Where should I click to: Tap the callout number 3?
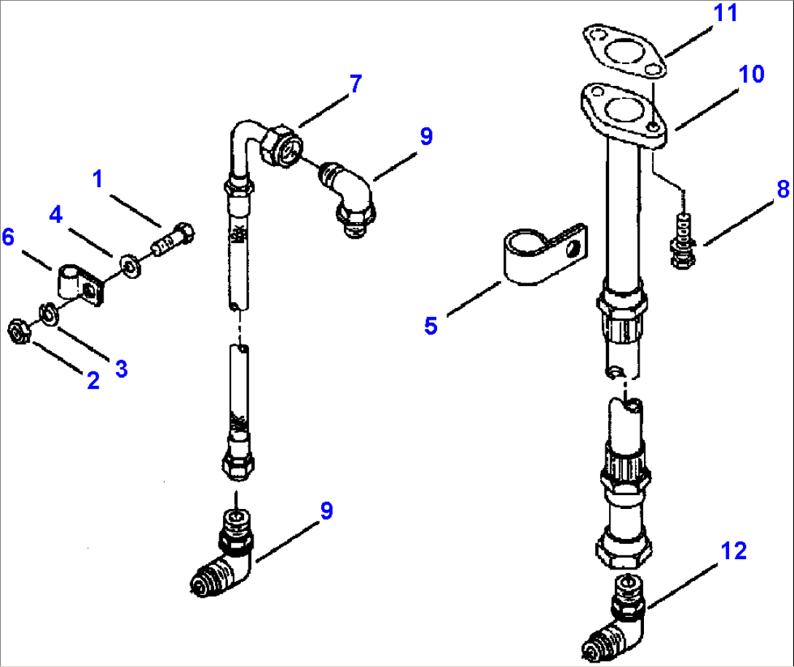coord(121,368)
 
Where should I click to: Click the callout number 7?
coord(354,84)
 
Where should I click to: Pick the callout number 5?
coord(431,325)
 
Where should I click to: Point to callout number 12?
coord(734,551)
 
